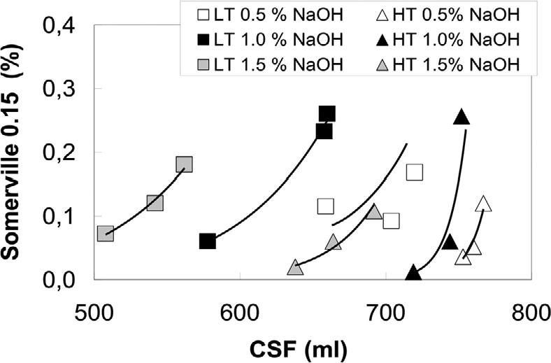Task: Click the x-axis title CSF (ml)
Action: point(313,347)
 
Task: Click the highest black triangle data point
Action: point(461,118)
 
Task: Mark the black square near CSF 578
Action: point(208,241)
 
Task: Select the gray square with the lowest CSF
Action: point(106,234)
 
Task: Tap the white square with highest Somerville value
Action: point(415,172)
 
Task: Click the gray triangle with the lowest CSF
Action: point(295,268)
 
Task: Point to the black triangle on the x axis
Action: point(414,273)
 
